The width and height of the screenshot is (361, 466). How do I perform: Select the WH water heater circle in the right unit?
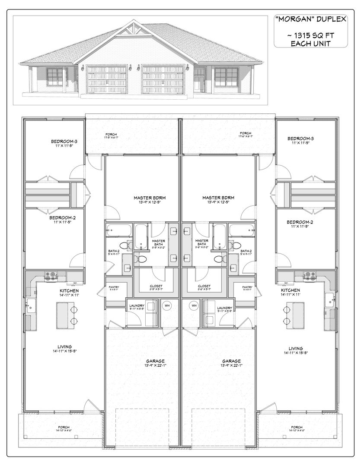(194, 305)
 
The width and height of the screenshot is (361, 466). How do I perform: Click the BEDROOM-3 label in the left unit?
(64, 141)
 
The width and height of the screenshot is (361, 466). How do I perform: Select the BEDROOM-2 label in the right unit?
(299, 222)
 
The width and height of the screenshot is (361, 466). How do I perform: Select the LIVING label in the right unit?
(296, 348)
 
